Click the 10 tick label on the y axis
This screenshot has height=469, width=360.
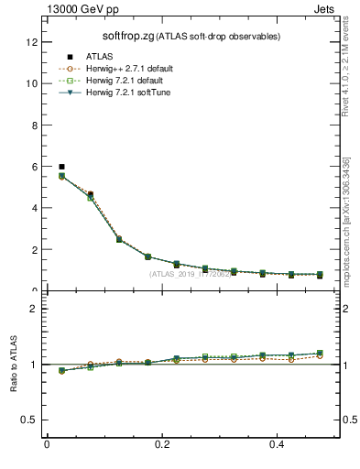coord(32,83)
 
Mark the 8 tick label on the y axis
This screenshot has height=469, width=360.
coord(35,125)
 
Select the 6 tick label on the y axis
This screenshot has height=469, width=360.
coord(35,167)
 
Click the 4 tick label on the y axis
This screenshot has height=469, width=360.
coord(35,208)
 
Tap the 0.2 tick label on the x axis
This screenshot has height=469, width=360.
coord(162,444)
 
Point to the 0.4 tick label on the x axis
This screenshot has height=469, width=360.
coord(278,444)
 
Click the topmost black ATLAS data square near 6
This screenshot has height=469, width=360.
coord(61,167)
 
